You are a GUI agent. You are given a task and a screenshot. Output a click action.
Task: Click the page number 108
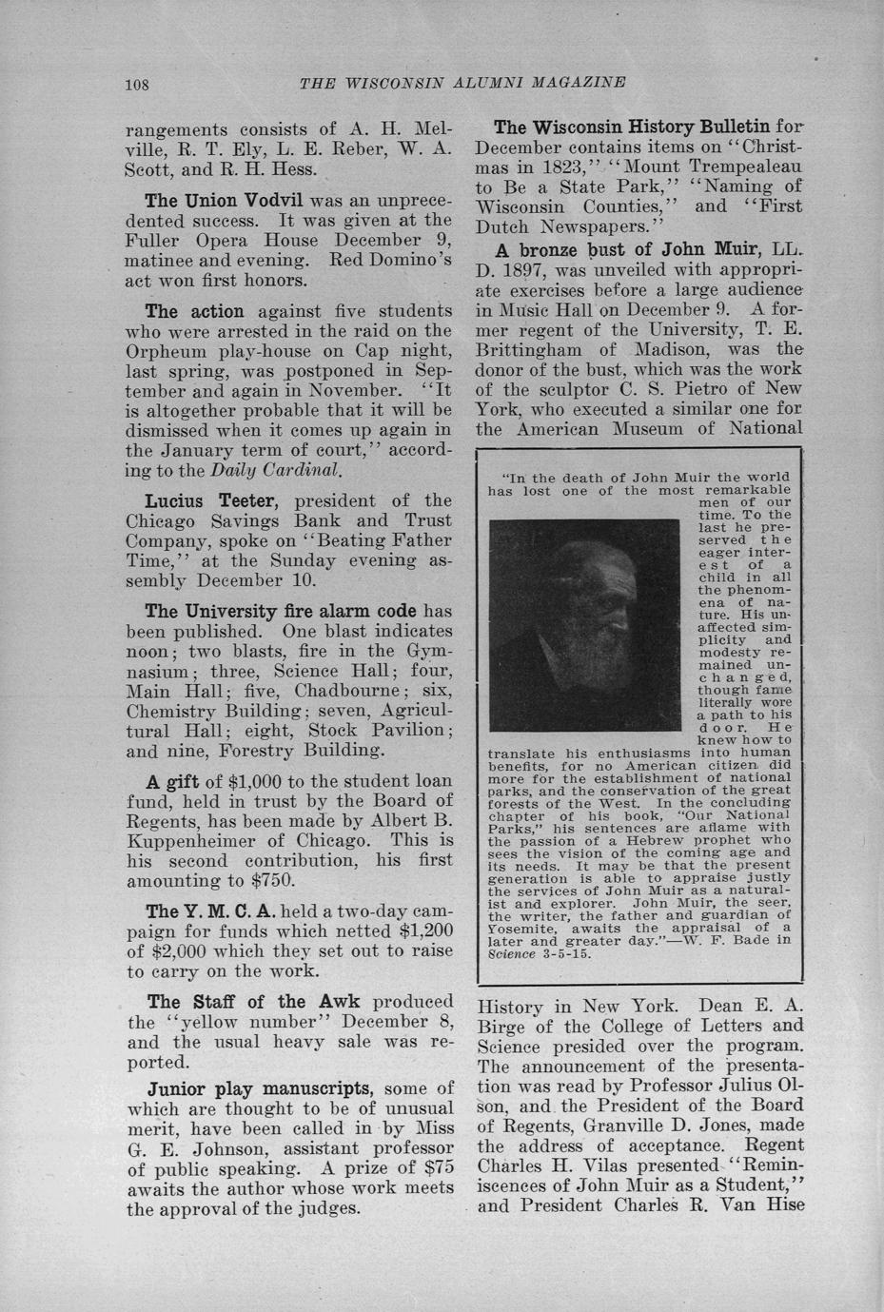[x=138, y=84]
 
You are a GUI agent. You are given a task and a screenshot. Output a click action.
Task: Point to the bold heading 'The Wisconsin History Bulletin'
[x=632, y=127]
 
